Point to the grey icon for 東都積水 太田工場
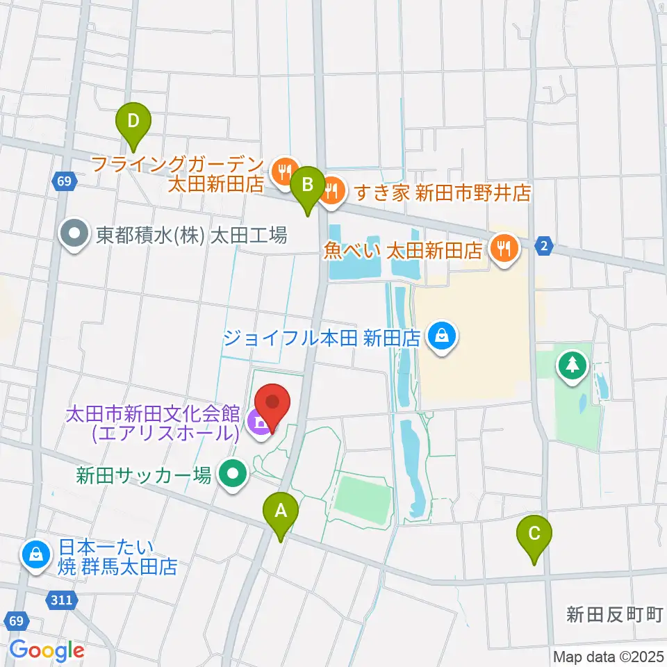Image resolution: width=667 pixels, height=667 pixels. pos(74,235)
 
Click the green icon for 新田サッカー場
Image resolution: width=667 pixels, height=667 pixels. pos(233,475)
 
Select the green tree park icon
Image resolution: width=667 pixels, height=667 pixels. pos(574,364)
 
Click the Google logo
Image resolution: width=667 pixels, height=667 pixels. pos(47,650)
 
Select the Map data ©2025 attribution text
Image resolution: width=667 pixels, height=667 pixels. pos(609,657)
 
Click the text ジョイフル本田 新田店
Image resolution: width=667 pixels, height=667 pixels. pos(322,338)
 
